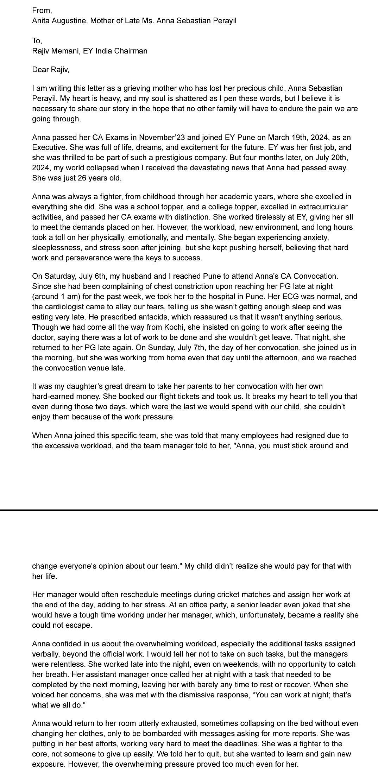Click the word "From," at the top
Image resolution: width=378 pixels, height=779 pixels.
[x=42, y=11]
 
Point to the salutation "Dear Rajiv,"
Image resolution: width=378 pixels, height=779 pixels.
[x=51, y=70]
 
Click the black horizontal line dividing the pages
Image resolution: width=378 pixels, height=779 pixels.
[x=189, y=510]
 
